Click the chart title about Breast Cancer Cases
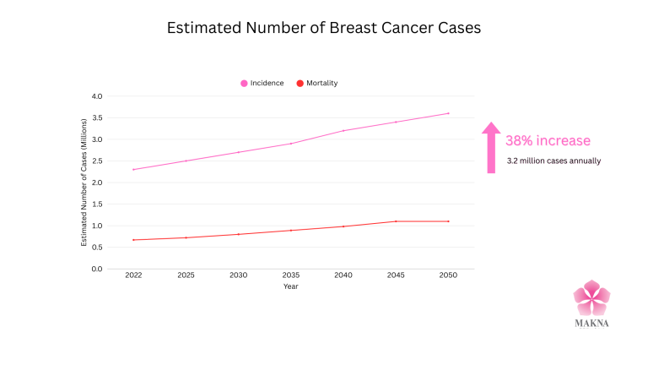[x=324, y=28]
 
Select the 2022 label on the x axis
[x=133, y=276]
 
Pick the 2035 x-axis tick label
[x=290, y=276]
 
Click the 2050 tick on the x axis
[x=447, y=276]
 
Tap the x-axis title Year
[x=290, y=286]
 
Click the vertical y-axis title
[x=84, y=182]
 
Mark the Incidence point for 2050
[x=447, y=113]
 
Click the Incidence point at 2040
[x=343, y=130]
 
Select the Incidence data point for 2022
[x=133, y=169]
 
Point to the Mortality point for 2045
[x=395, y=221]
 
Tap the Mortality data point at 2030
[x=238, y=234]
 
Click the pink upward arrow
[x=490, y=147]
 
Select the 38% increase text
[x=548, y=140]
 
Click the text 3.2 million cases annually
[x=553, y=161]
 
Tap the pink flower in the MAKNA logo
[x=591, y=297]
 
